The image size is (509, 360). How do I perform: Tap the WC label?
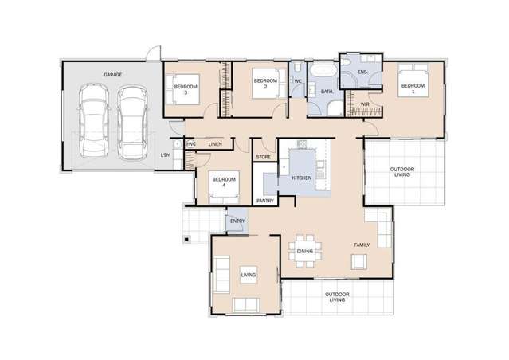point(297,81)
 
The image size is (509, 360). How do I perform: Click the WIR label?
point(363,104)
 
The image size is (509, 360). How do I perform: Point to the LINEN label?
point(215,144)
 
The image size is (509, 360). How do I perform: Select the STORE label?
point(264,157)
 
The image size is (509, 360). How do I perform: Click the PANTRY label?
point(265,201)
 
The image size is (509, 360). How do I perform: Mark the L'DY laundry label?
point(166,155)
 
